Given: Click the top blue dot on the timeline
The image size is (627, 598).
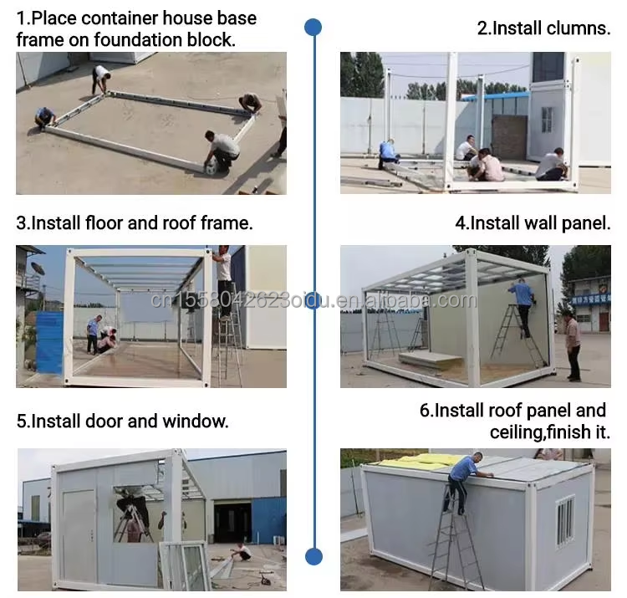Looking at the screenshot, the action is coord(313,28).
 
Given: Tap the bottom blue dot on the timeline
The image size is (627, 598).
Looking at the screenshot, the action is coord(313,556).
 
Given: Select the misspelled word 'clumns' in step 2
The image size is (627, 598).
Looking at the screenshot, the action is coord(577,28).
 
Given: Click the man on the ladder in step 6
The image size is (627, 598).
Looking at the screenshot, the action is coord(463,483).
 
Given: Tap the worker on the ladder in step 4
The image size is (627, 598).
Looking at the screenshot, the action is coord(522,302).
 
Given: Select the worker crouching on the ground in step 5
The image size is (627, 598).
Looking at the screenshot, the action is coord(241,551).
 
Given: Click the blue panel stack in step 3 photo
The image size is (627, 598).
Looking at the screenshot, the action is coord(49,342).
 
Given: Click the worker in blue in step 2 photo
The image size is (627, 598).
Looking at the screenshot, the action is coord(388,155).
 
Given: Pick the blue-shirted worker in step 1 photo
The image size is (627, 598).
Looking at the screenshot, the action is coord(45,118).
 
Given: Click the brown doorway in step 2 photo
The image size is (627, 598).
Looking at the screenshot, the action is coord(509,137).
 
